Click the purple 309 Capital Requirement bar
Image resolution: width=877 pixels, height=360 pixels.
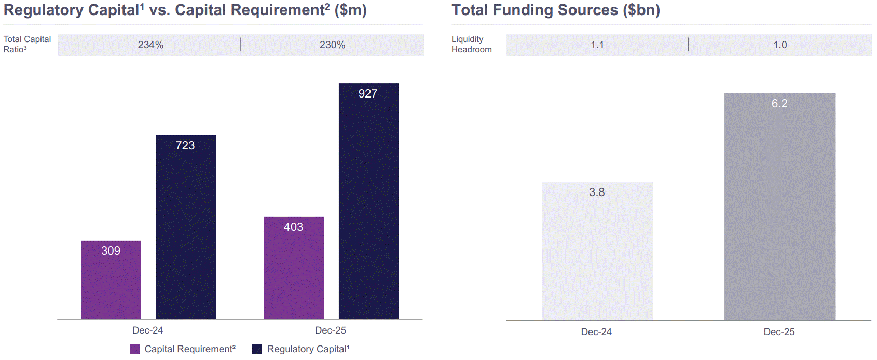click(x=111, y=280)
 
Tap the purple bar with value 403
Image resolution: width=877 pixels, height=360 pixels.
click(x=294, y=268)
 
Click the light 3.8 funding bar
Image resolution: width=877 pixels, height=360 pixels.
click(x=597, y=251)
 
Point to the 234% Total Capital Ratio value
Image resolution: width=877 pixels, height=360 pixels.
click(x=150, y=45)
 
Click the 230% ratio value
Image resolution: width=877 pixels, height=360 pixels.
click(x=333, y=45)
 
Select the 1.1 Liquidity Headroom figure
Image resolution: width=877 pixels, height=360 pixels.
click(x=597, y=45)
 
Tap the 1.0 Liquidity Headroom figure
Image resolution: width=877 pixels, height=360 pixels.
click(x=780, y=45)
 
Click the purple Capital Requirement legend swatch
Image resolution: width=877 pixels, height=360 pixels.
click(x=135, y=349)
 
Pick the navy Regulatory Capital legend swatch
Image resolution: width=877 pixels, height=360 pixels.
click(x=257, y=349)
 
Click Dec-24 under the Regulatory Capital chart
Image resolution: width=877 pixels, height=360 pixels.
click(x=148, y=330)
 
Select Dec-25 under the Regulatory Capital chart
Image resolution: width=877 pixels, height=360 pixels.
click(x=331, y=330)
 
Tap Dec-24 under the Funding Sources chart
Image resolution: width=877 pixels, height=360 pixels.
click(x=596, y=332)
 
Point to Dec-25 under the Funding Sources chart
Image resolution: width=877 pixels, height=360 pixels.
click(x=779, y=332)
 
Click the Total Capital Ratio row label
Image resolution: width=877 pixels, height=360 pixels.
click(x=27, y=44)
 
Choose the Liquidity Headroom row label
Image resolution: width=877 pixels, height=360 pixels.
click(x=471, y=44)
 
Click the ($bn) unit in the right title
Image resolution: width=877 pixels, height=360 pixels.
click(x=641, y=10)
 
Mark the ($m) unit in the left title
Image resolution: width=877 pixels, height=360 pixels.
click(x=350, y=10)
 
